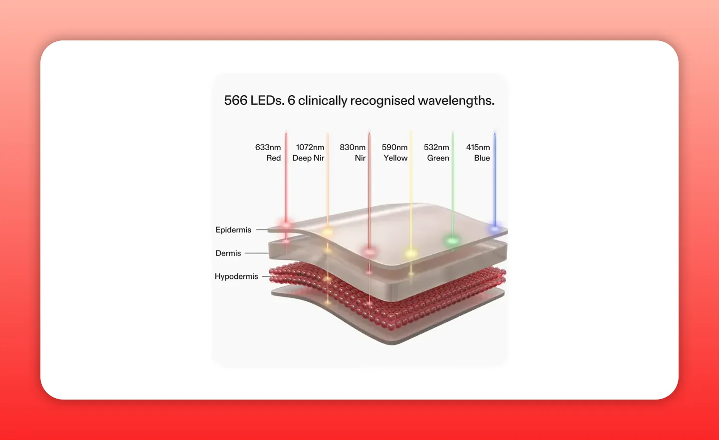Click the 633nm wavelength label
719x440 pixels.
[x=268, y=147]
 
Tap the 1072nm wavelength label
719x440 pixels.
[x=310, y=147]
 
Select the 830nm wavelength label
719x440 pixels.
[x=353, y=147]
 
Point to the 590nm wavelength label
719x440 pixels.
[x=394, y=147]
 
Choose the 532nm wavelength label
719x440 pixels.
[x=436, y=147]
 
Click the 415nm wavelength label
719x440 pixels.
[x=478, y=147]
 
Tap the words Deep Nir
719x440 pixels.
[x=308, y=158]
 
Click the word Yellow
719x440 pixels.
[x=395, y=158]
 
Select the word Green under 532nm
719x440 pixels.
[x=438, y=158]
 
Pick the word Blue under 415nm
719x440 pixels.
[x=482, y=158]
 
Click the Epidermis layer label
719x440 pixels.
[x=233, y=230]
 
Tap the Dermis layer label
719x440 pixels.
[x=228, y=253]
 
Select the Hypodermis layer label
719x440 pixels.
[x=236, y=276]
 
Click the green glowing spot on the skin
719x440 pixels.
[x=452, y=241]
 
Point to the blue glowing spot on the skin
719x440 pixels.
[x=495, y=229]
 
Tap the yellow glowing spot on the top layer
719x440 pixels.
[x=411, y=253]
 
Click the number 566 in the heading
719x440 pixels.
[x=236, y=101]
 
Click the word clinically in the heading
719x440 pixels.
[x=323, y=101]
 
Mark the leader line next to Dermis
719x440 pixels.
[x=257, y=253]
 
